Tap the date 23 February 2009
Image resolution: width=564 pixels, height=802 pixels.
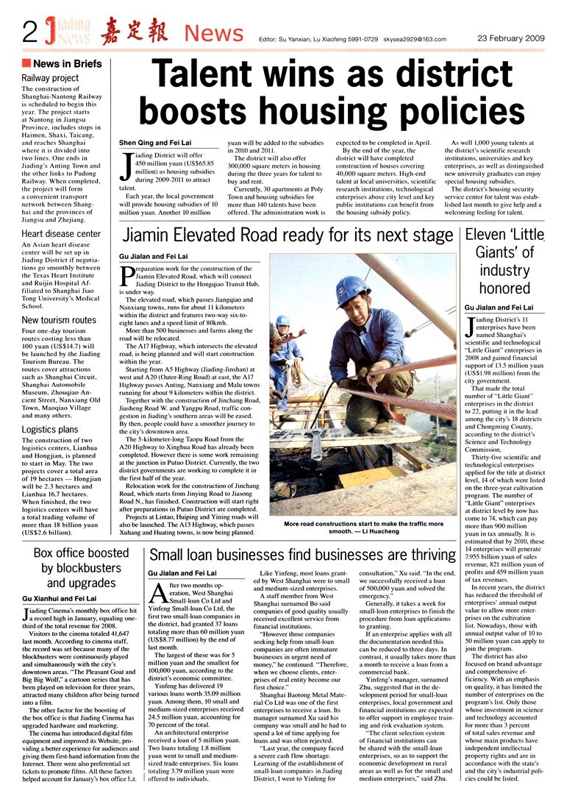point(510,36)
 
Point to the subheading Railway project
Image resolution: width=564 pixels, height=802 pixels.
point(50,78)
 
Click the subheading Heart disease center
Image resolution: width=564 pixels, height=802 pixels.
point(61,234)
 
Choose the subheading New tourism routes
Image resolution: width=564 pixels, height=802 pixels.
point(59,320)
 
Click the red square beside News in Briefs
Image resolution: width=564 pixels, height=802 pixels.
point(26,63)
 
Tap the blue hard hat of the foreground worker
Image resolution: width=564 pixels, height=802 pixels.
point(350,284)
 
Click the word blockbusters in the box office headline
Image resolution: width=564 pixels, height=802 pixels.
point(81,567)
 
